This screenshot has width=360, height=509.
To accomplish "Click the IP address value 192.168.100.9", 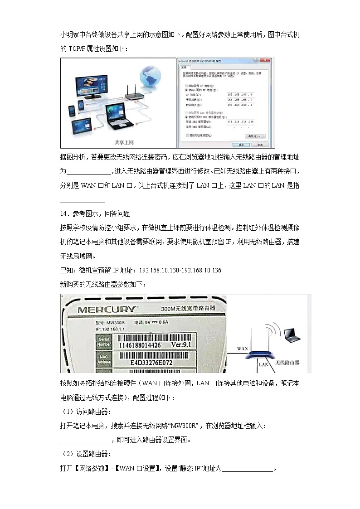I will [240, 94].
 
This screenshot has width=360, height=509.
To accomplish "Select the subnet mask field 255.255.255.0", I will [240, 99].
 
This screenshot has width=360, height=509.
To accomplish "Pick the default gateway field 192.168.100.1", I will [240, 105].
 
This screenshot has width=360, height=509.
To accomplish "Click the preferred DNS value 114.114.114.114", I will [240, 121].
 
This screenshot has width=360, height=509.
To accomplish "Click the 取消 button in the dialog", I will [259, 145].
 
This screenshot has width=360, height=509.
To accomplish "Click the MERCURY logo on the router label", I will [107, 310].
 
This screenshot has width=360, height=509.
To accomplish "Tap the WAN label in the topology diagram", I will [242, 349].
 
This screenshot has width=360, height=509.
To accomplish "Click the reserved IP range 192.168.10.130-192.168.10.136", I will [180, 271].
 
